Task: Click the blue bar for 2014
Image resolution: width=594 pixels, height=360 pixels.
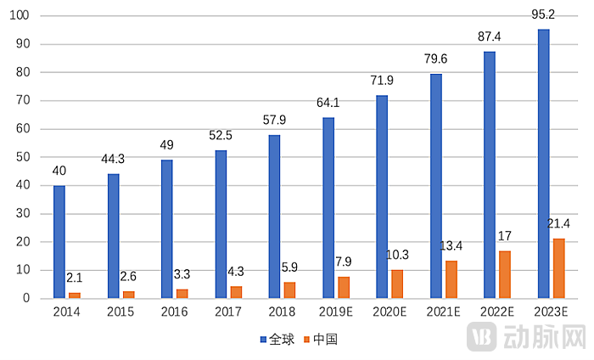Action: pos(59,242)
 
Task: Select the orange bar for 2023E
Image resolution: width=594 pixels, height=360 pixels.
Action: pos(559,268)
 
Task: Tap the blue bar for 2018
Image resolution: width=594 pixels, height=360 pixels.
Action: pos(274,217)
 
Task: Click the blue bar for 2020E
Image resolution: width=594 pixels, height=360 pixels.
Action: pos(382,197)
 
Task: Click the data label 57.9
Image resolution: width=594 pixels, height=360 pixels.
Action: pos(274,124)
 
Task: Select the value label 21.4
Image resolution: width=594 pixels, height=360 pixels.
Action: pos(558,224)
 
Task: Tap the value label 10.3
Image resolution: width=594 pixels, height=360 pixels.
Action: pos(397,255)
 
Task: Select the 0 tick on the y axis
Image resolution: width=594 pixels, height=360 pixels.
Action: pos(27,299)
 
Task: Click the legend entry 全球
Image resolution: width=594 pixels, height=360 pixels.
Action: pos(275,340)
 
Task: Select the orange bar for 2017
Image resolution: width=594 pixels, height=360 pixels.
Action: pos(236,292)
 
